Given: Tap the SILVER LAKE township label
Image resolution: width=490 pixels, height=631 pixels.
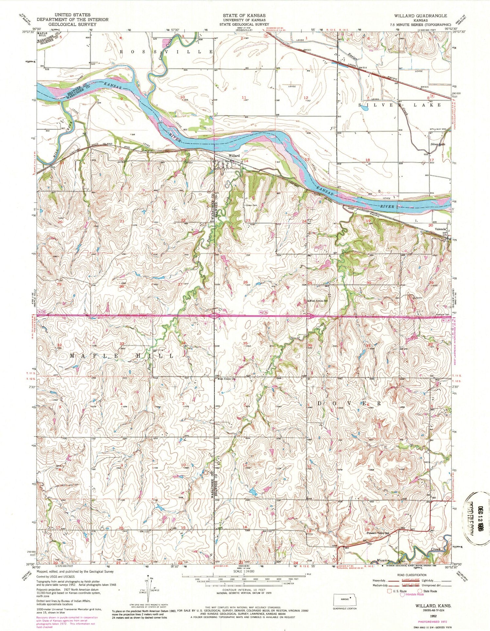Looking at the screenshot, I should click(x=400, y=105).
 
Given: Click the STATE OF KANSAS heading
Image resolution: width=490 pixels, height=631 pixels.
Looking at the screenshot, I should click(x=244, y=15).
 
